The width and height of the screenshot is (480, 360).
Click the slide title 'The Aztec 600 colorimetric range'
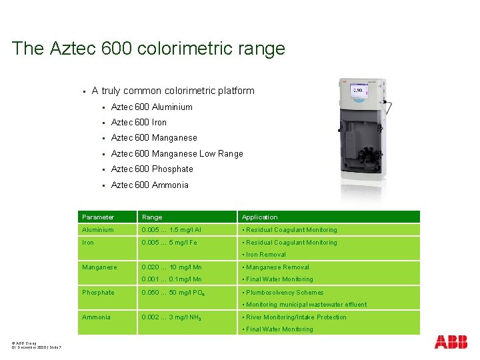tap(148, 49)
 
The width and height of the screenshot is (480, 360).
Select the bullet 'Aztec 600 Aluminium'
tap(151, 107)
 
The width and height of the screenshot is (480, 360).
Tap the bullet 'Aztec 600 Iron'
tap(139, 122)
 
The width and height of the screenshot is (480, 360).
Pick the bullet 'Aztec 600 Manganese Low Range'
tap(177, 153)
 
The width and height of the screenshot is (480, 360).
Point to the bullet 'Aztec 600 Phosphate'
tap(151, 169)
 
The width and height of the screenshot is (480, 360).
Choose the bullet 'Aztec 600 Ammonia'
tap(149, 185)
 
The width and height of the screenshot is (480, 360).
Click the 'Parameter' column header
tap(98, 217)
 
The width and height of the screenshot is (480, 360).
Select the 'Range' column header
tap(152, 217)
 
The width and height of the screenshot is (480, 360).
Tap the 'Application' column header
tap(259, 217)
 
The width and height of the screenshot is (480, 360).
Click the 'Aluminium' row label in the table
tap(98, 229)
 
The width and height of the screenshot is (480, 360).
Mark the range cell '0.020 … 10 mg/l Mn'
tap(171, 267)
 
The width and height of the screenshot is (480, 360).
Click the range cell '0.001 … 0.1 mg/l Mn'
tap(171, 279)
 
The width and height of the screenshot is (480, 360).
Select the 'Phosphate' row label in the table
tap(98, 292)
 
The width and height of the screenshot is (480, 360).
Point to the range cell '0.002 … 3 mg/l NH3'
tap(171, 317)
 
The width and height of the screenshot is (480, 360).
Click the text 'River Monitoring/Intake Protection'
tap(296, 317)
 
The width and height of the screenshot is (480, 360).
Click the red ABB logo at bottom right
tap(451, 342)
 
